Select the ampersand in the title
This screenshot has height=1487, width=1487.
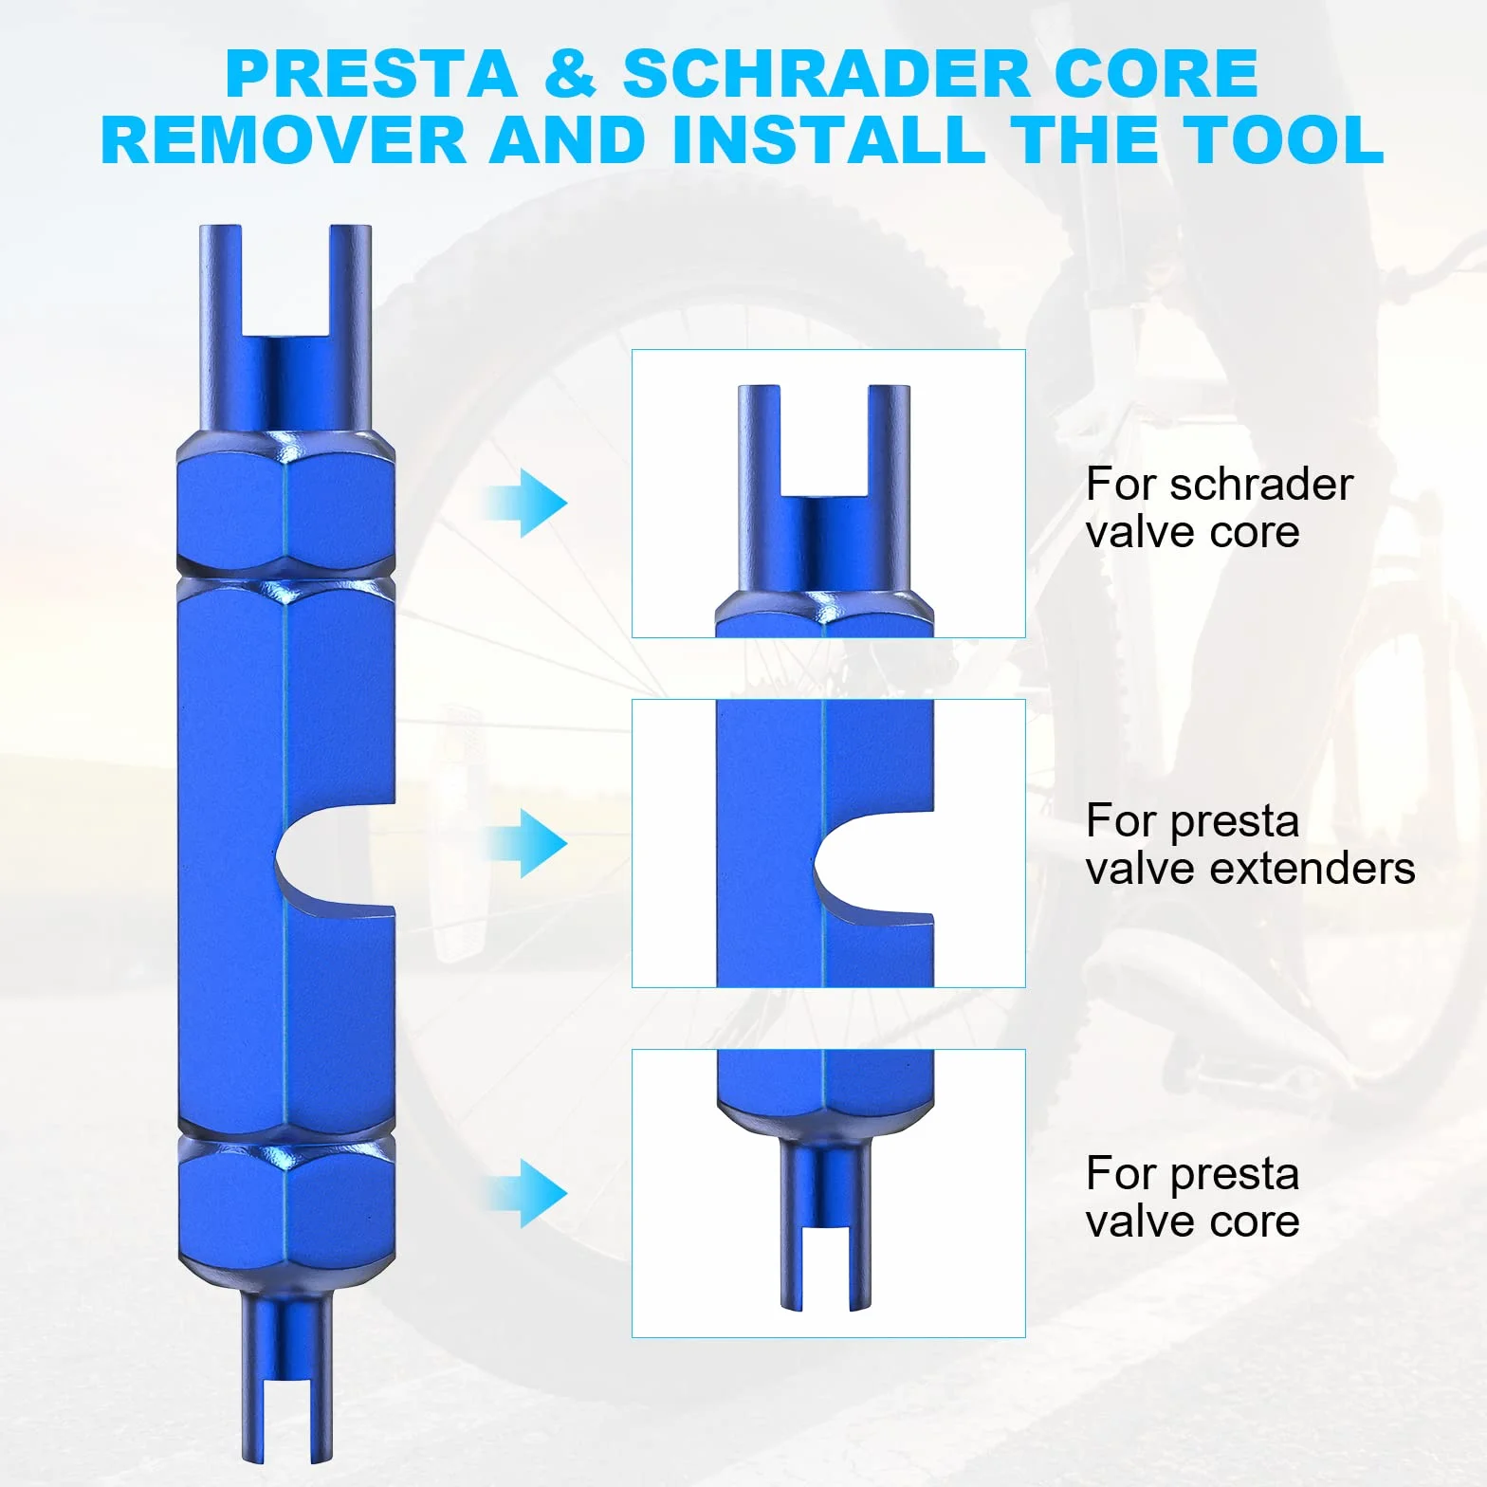pos(570,74)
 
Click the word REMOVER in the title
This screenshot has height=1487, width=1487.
pos(283,139)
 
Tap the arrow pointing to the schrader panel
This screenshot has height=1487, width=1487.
pos(524,503)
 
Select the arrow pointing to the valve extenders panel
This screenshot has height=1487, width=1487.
pos(524,842)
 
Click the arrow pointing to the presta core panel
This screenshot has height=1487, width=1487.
pos(524,1193)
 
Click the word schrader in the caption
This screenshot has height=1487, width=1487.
pos(1261,485)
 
